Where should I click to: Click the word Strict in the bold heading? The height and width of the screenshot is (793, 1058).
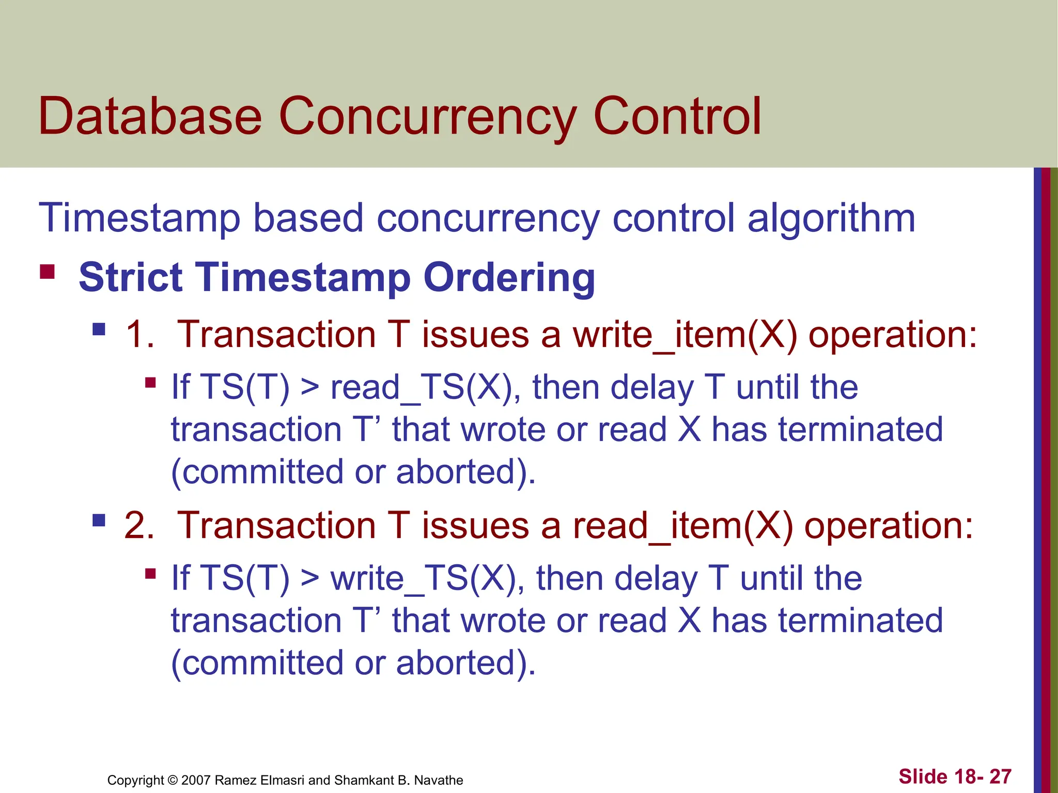(130, 277)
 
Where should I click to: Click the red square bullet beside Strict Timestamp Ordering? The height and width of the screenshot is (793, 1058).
(47, 272)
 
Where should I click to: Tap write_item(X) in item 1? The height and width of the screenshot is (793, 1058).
(685, 335)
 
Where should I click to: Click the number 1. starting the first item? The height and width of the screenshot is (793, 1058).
(140, 335)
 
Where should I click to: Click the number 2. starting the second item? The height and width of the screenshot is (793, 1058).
(139, 526)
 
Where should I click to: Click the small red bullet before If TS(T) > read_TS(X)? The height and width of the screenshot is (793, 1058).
(150, 383)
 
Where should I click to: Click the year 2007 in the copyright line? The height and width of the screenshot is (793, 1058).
(196, 780)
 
